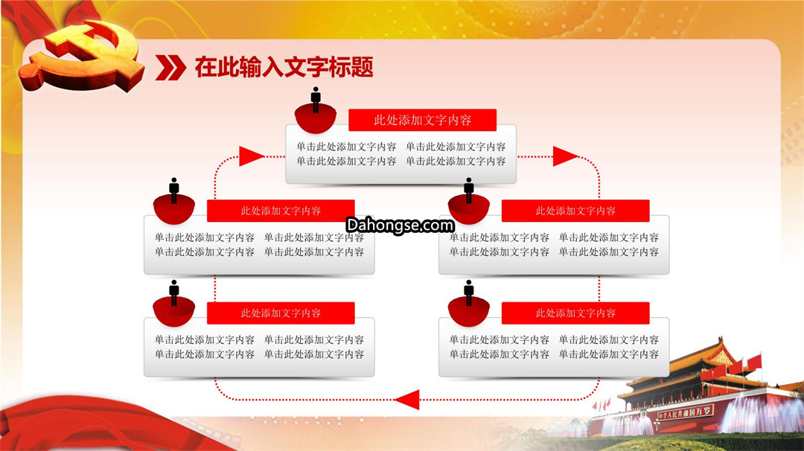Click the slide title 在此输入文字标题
[284, 67]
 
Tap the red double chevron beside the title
[170, 68]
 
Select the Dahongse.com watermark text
[400, 225]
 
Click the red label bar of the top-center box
[423, 120]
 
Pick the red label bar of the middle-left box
[281, 211]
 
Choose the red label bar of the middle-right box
[575, 211]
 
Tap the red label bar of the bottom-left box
[281, 313]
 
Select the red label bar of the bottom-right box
[575, 313]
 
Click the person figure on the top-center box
[316, 100]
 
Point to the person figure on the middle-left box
[174, 191]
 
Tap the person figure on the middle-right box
[469, 191]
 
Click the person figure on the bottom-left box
[174, 292]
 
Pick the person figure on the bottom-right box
[469, 292]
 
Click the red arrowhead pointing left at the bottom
[407, 400]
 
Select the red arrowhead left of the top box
[252, 156]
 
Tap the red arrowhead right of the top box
[565, 156]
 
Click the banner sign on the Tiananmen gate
[685, 412]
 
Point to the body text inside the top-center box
[401, 154]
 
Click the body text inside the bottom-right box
[554, 347]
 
